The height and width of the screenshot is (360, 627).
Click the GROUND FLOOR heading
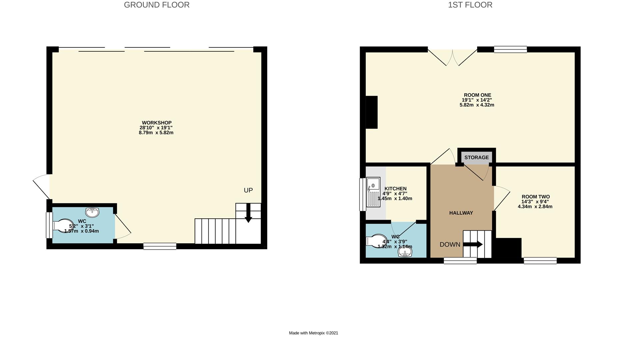(157, 5)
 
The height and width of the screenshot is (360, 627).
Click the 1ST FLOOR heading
(470, 5)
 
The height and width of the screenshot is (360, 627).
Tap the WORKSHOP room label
(157, 123)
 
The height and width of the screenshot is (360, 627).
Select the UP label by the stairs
(248, 190)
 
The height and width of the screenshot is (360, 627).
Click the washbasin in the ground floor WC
(92, 212)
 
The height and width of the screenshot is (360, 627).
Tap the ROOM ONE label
(477, 95)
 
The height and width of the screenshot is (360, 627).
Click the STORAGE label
(476, 158)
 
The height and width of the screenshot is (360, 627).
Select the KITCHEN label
(395, 189)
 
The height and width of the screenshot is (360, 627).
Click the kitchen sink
(373, 192)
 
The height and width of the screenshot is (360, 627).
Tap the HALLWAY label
(461, 213)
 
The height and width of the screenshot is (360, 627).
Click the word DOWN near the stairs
(450, 245)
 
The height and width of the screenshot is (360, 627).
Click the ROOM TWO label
(535, 197)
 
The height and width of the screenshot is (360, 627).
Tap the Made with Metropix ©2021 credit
(313, 333)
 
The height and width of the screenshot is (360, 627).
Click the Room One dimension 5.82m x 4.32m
(477, 105)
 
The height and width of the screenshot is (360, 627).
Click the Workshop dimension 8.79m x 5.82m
(156, 132)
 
